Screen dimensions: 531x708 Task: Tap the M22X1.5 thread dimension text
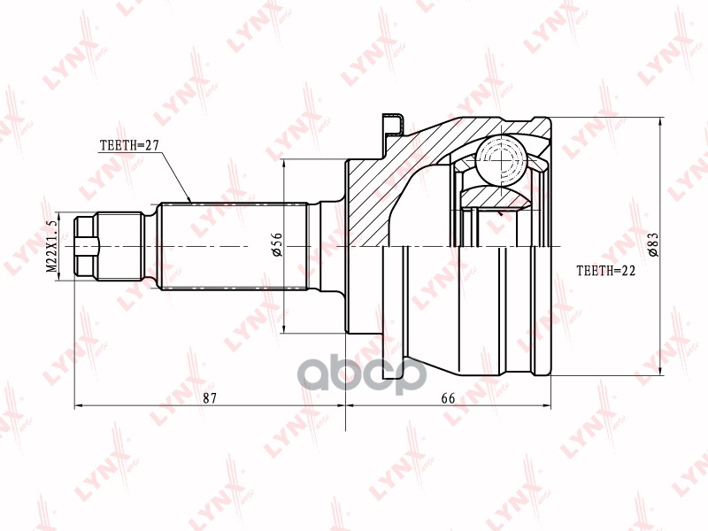point(51,246)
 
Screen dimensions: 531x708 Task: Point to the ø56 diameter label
point(276,245)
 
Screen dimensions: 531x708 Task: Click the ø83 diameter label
point(653,244)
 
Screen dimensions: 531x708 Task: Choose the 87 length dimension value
point(210,398)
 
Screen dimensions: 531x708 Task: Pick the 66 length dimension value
point(448,398)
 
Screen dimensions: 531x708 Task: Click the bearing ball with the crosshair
point(501,160)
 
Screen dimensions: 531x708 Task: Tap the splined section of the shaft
point(234,245)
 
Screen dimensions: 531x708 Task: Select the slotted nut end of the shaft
point(86,245)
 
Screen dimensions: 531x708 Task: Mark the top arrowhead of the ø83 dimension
point(661,120)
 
